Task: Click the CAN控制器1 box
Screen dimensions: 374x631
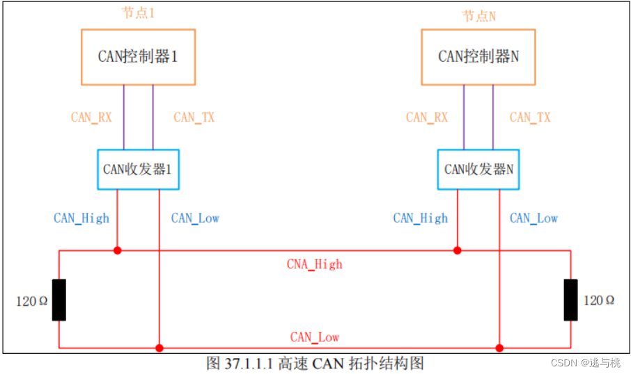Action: point(138,57)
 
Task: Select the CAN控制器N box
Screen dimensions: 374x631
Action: point(478,57)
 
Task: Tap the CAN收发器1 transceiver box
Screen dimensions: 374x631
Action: point(137,169)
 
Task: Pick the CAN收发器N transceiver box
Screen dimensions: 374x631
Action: point(478,169)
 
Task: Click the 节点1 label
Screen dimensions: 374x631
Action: point(137,13)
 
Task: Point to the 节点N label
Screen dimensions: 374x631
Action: point(479,15)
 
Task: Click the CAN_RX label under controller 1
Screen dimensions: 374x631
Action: point(91,117)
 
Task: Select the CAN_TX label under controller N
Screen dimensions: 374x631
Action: point(530,117)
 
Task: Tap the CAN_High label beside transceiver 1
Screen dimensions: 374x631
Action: point(81,218)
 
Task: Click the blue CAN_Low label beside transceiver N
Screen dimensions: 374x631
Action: point(533,218)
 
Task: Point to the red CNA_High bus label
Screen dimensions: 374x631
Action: point(315,264)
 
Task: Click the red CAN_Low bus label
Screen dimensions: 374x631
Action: point(315,337)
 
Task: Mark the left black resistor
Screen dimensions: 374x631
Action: point(59,300)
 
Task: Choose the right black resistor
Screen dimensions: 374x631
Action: point(570,300)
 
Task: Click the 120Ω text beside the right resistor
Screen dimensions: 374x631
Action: point(599,300)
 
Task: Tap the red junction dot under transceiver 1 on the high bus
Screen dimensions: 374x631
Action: point(117,250)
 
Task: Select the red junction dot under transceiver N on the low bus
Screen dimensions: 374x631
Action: point(499,348)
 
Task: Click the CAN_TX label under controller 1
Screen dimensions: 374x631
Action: point(194,117)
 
